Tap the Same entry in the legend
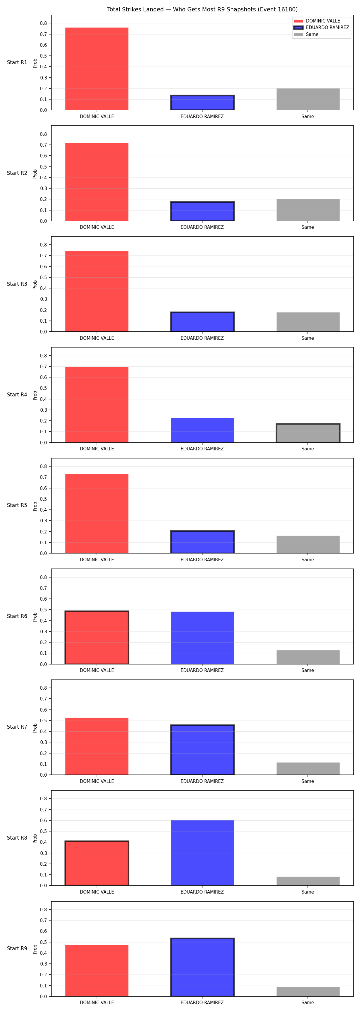[306, 34]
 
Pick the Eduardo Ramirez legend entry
[321, 28]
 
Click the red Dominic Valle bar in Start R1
[97, 69]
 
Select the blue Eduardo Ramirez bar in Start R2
[202, 211]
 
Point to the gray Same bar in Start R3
[308, 322]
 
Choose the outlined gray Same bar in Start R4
[308, 433]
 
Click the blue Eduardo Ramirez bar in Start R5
[202, 542]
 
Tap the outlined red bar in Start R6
[97, 637]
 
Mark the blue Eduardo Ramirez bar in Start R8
[202, 852]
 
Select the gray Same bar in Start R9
[308, 992]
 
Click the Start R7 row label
[17, 727]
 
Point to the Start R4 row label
[17, 394]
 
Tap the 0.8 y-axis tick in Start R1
[43, 23]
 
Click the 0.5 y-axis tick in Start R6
[43, 610]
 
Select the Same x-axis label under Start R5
[308, 560]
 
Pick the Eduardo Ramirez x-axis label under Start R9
[202, 1003]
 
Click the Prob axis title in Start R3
[35, 285]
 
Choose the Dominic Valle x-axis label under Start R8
[97, 892]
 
